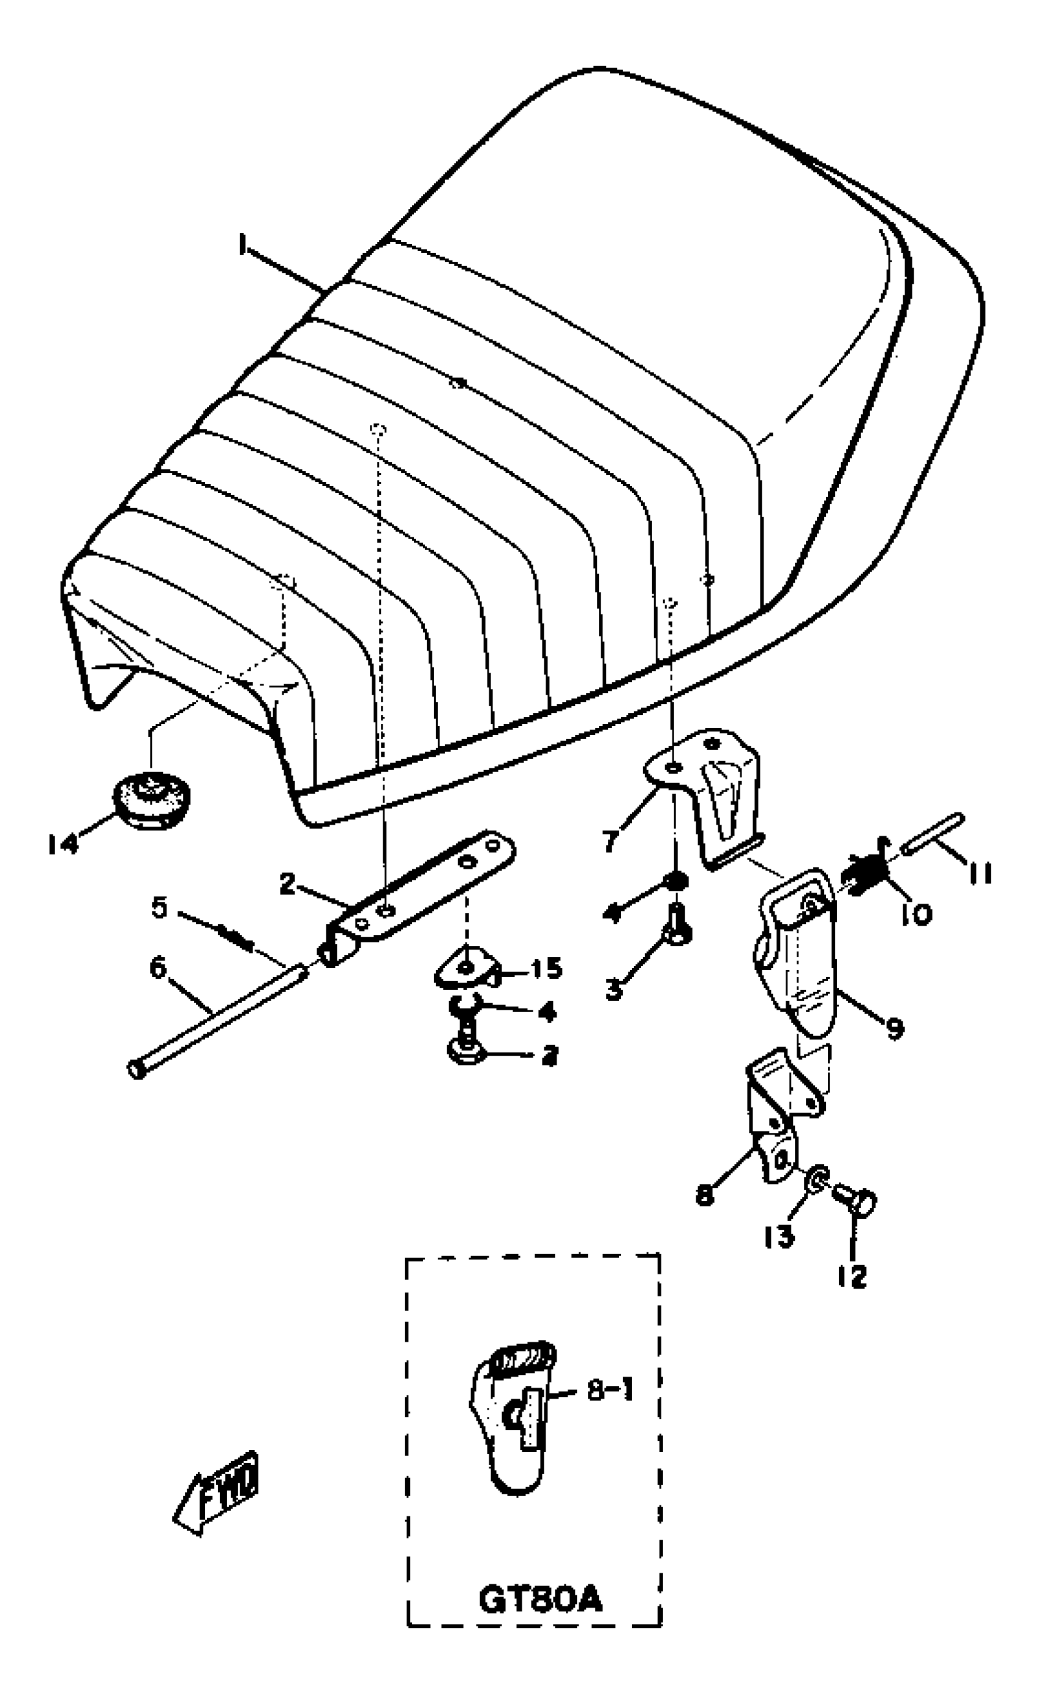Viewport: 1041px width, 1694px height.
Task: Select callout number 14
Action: click(63, 844)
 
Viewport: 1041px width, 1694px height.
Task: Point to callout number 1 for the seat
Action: click(242, 245)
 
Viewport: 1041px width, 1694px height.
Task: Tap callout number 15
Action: click(547, 968)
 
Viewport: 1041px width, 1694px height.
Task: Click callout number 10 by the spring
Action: click(916, 914)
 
